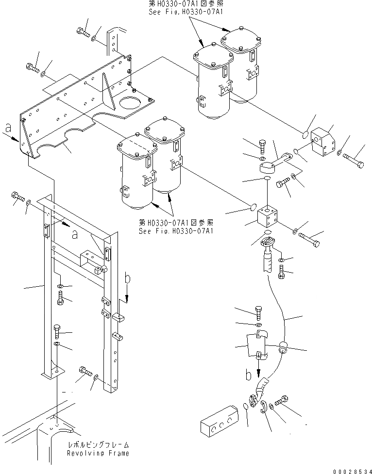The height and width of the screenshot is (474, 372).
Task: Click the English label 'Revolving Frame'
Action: (99, 453)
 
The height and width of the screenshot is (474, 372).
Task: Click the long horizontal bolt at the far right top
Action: (354, 161)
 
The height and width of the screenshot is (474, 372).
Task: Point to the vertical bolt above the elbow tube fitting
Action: (262, 145)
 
